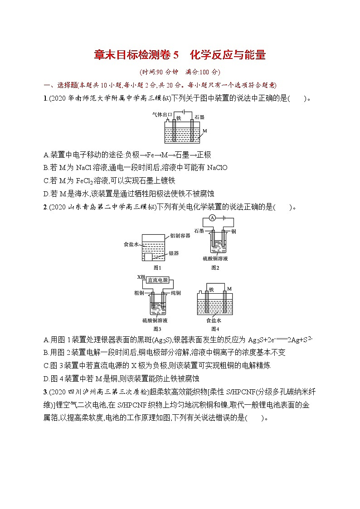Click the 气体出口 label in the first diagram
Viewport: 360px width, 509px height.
[161, 116]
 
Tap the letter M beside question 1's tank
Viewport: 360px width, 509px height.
[204, 131]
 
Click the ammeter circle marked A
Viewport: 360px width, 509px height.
[212, 218]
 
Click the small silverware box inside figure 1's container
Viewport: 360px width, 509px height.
[148, 257]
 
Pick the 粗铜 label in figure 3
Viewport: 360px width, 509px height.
[139, 293]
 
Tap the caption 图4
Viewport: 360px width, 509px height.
[215, 329]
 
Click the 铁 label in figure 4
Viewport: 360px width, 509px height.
[211, 290]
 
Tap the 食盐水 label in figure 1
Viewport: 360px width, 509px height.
[131, 244]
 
